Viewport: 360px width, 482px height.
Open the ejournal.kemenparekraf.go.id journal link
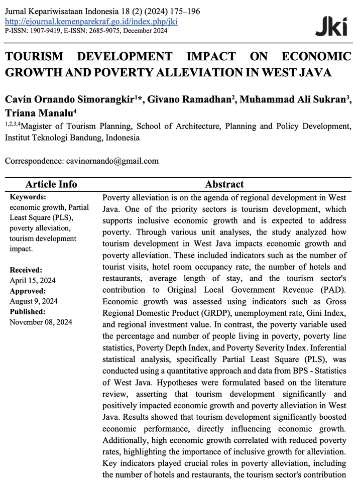[91, 22]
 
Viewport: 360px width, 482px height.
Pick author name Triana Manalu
[38, 112]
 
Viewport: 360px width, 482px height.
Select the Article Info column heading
[51, 184]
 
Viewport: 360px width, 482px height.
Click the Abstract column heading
[224, 184]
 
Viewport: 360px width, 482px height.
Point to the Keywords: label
[28, 197]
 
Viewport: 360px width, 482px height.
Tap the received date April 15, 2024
[32, 281]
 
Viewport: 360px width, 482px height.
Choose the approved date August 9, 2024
[34, 301]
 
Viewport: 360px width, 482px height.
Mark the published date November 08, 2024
[41, 322]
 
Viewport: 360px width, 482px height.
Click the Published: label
[28, 312]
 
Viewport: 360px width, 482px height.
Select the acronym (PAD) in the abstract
[332, 290]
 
